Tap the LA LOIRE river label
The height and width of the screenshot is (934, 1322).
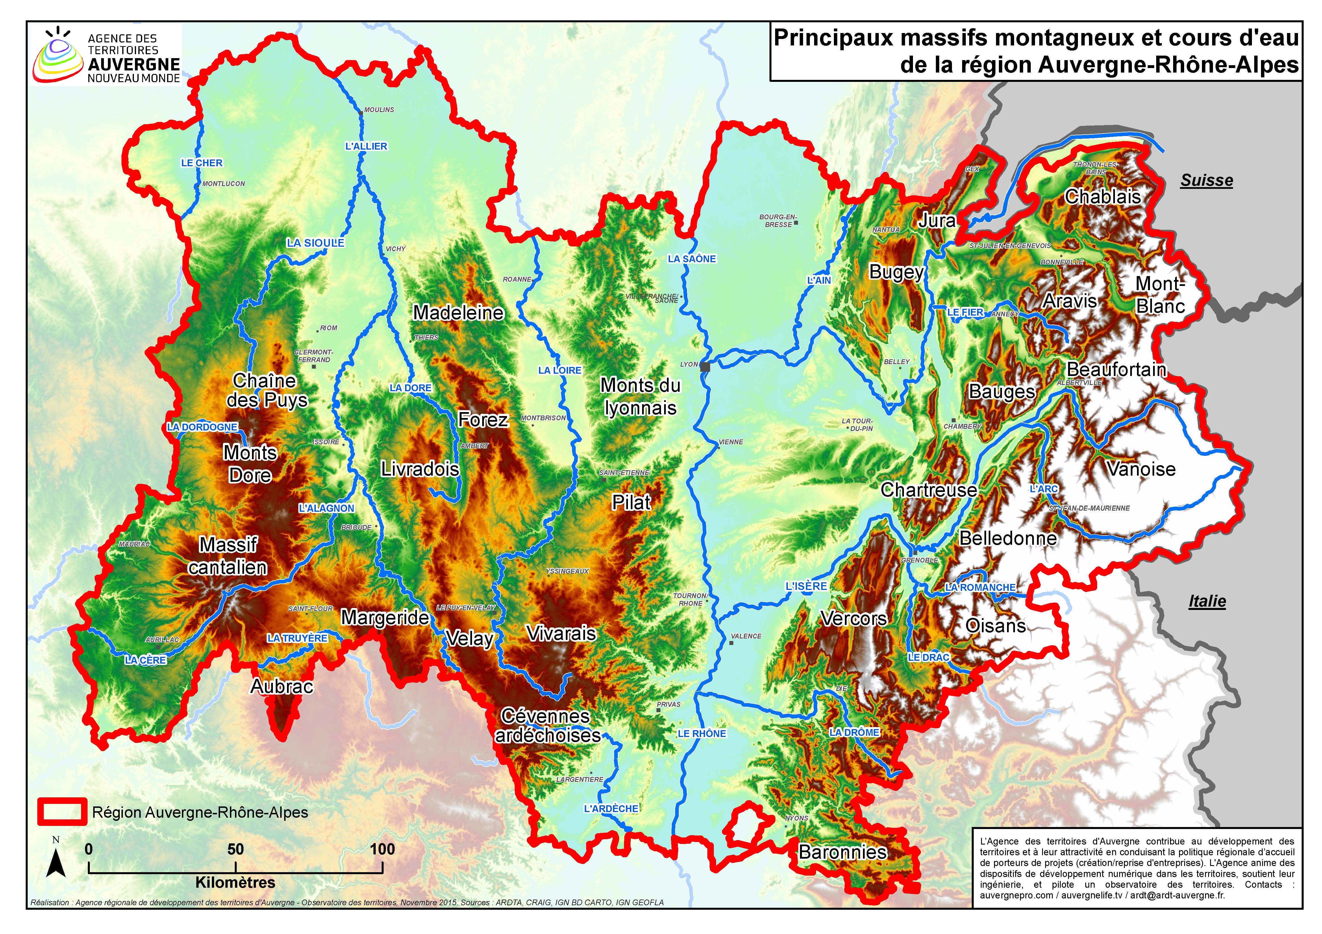coord(560,371)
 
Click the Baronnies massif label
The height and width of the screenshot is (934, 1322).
coord(842,852)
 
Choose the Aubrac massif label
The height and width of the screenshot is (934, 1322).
coord(282,686)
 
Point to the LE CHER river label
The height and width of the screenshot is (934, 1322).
coord(201,163)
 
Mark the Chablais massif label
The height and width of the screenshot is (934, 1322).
coord(1102,197)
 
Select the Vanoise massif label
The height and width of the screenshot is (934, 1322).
coord(1141,469)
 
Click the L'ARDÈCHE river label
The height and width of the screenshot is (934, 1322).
coord(611,809)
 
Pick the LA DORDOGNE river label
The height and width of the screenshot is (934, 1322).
coord(202,427)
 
